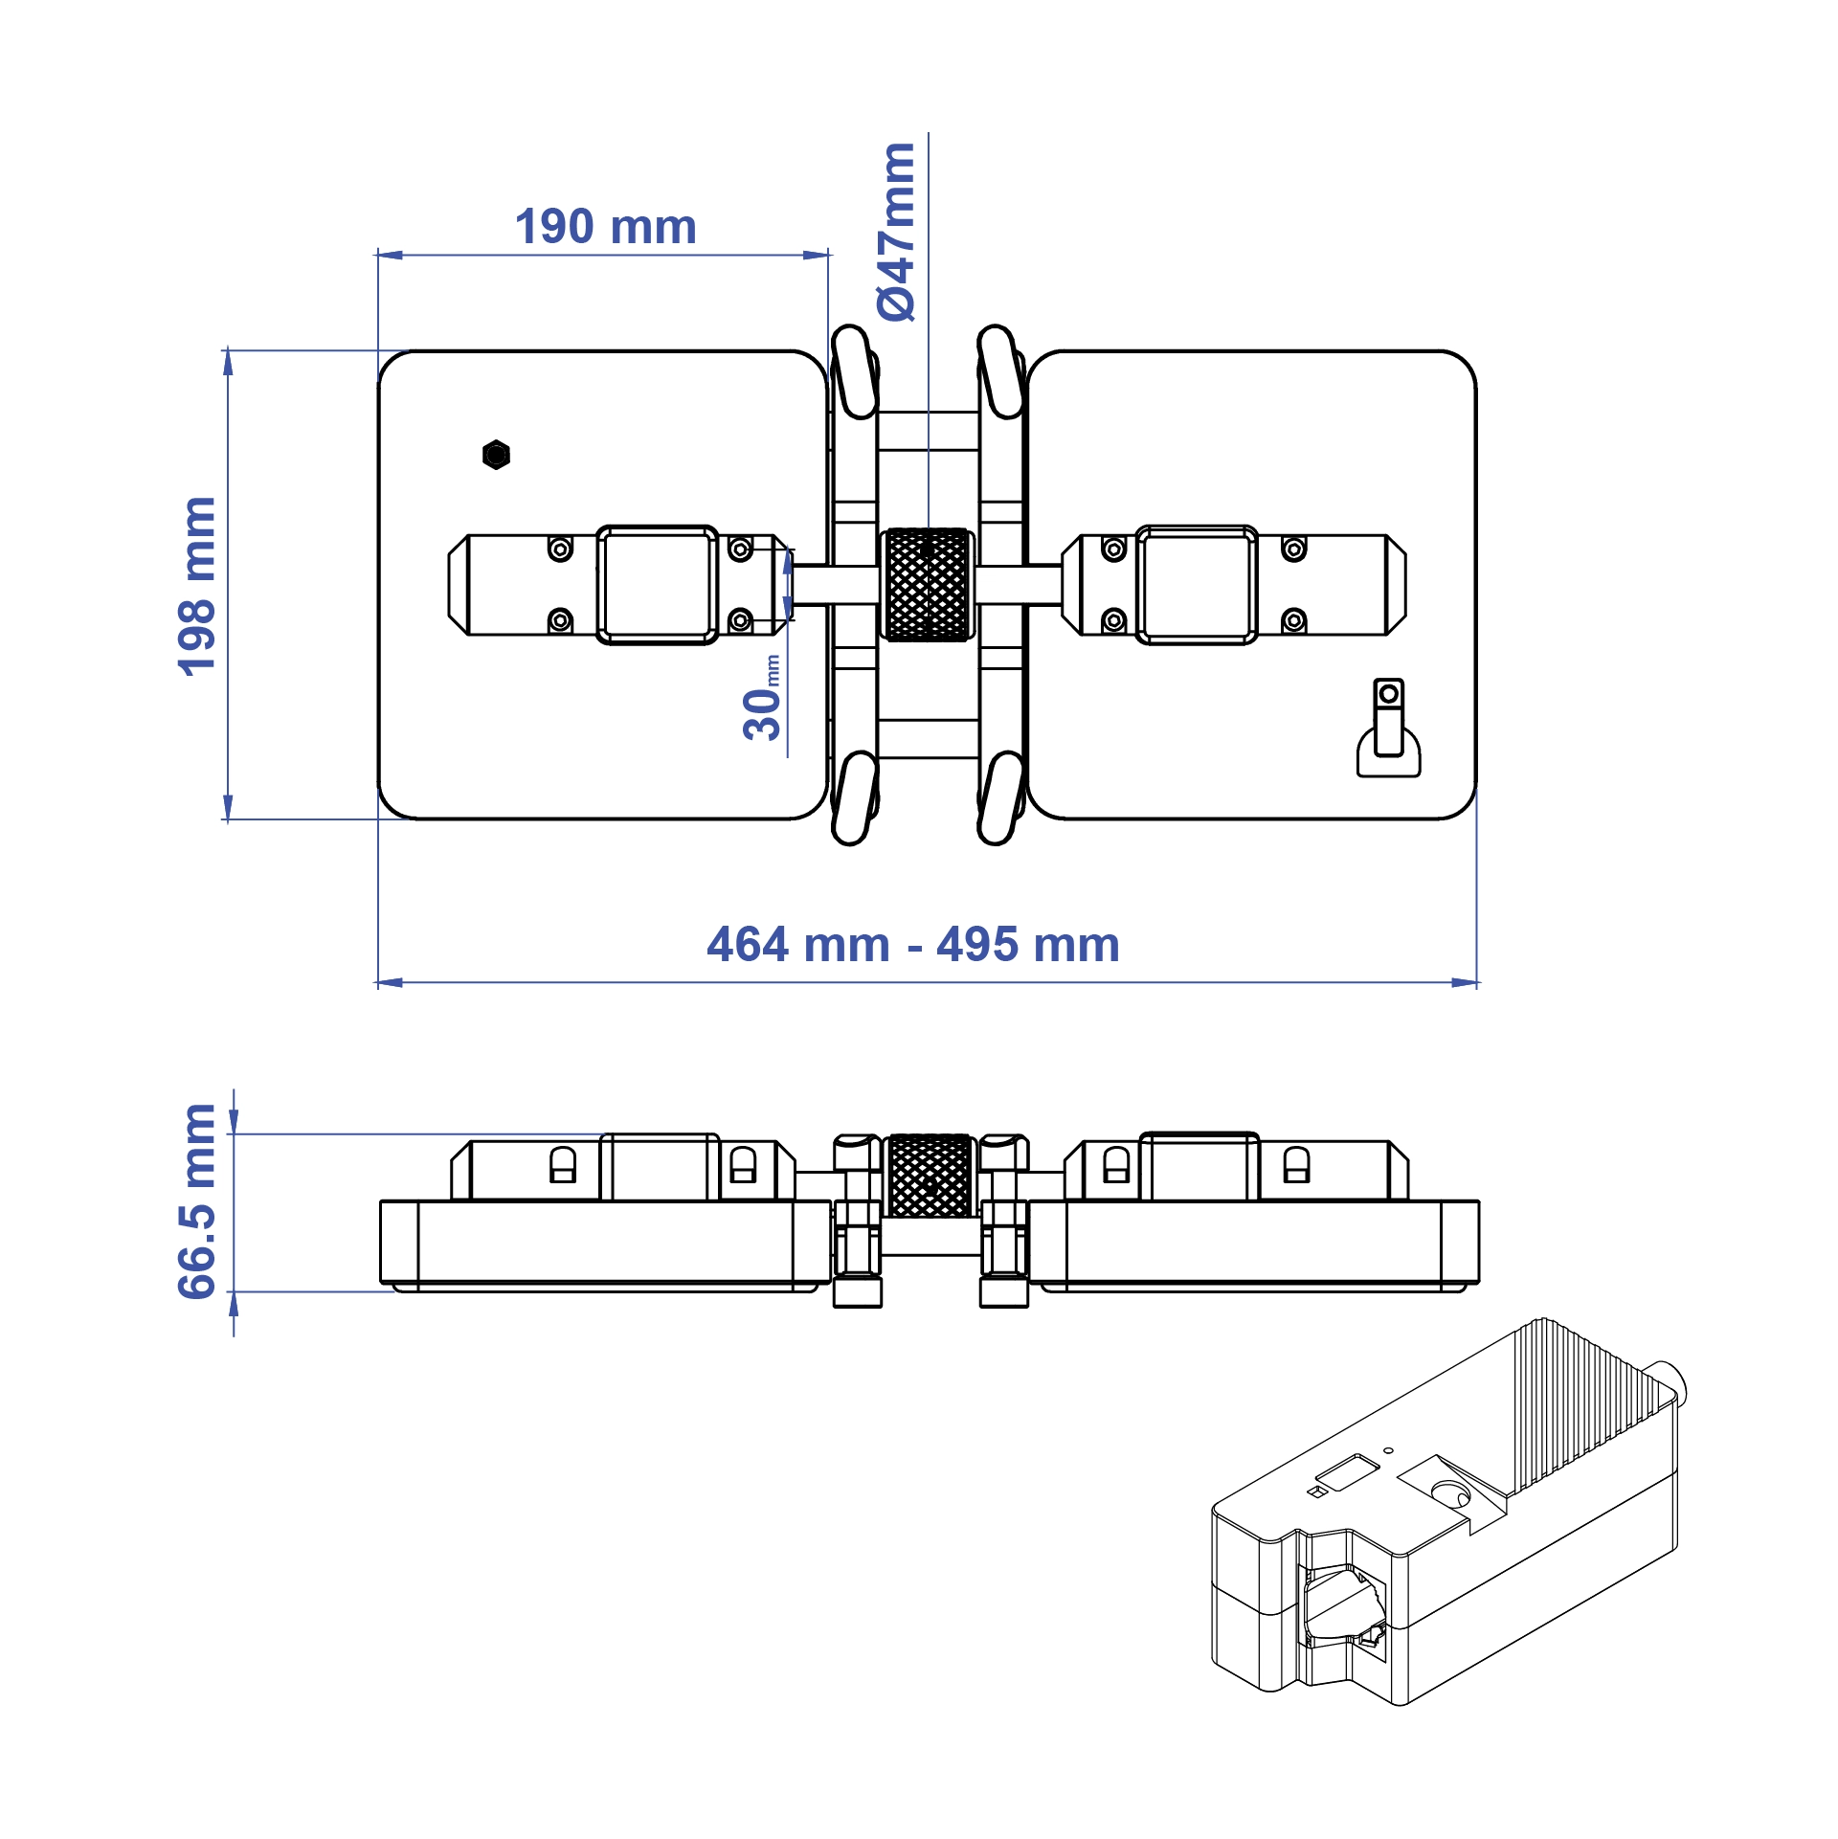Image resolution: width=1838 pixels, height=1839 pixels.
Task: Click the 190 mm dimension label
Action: coord(605,227)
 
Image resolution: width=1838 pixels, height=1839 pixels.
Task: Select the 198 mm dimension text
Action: coord(198,586)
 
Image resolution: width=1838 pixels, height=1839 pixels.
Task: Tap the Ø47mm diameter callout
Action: coord(897,232)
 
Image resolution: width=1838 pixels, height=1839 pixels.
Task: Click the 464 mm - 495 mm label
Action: coord(913,945)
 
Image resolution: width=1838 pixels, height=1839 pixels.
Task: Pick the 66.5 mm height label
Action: coord(198,1201)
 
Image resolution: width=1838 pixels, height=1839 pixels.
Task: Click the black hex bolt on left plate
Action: coord(496,455)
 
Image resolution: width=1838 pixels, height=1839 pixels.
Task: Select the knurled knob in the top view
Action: coord(928,584)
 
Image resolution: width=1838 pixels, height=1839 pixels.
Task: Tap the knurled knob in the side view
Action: coord(930,1176)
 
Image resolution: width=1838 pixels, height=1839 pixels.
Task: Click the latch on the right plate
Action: coord(1388,729)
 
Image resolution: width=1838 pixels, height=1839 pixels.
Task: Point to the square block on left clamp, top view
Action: coord(658,584)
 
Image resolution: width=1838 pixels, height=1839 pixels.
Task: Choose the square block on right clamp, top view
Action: coord(1197,584)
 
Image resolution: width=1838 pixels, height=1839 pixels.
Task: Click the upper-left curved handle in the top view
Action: coord(854,371)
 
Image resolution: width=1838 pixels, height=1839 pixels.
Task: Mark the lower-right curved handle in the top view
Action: coord(1001,797)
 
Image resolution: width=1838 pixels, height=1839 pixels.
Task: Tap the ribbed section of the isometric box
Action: coord(1580,1407)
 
